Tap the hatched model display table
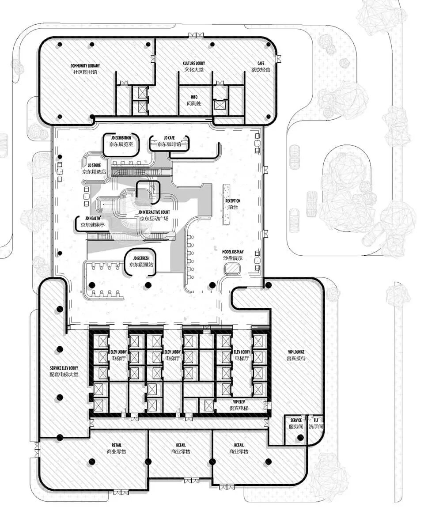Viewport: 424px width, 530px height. click(232, 268)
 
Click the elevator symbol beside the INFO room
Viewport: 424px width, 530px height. click(219, 106)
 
